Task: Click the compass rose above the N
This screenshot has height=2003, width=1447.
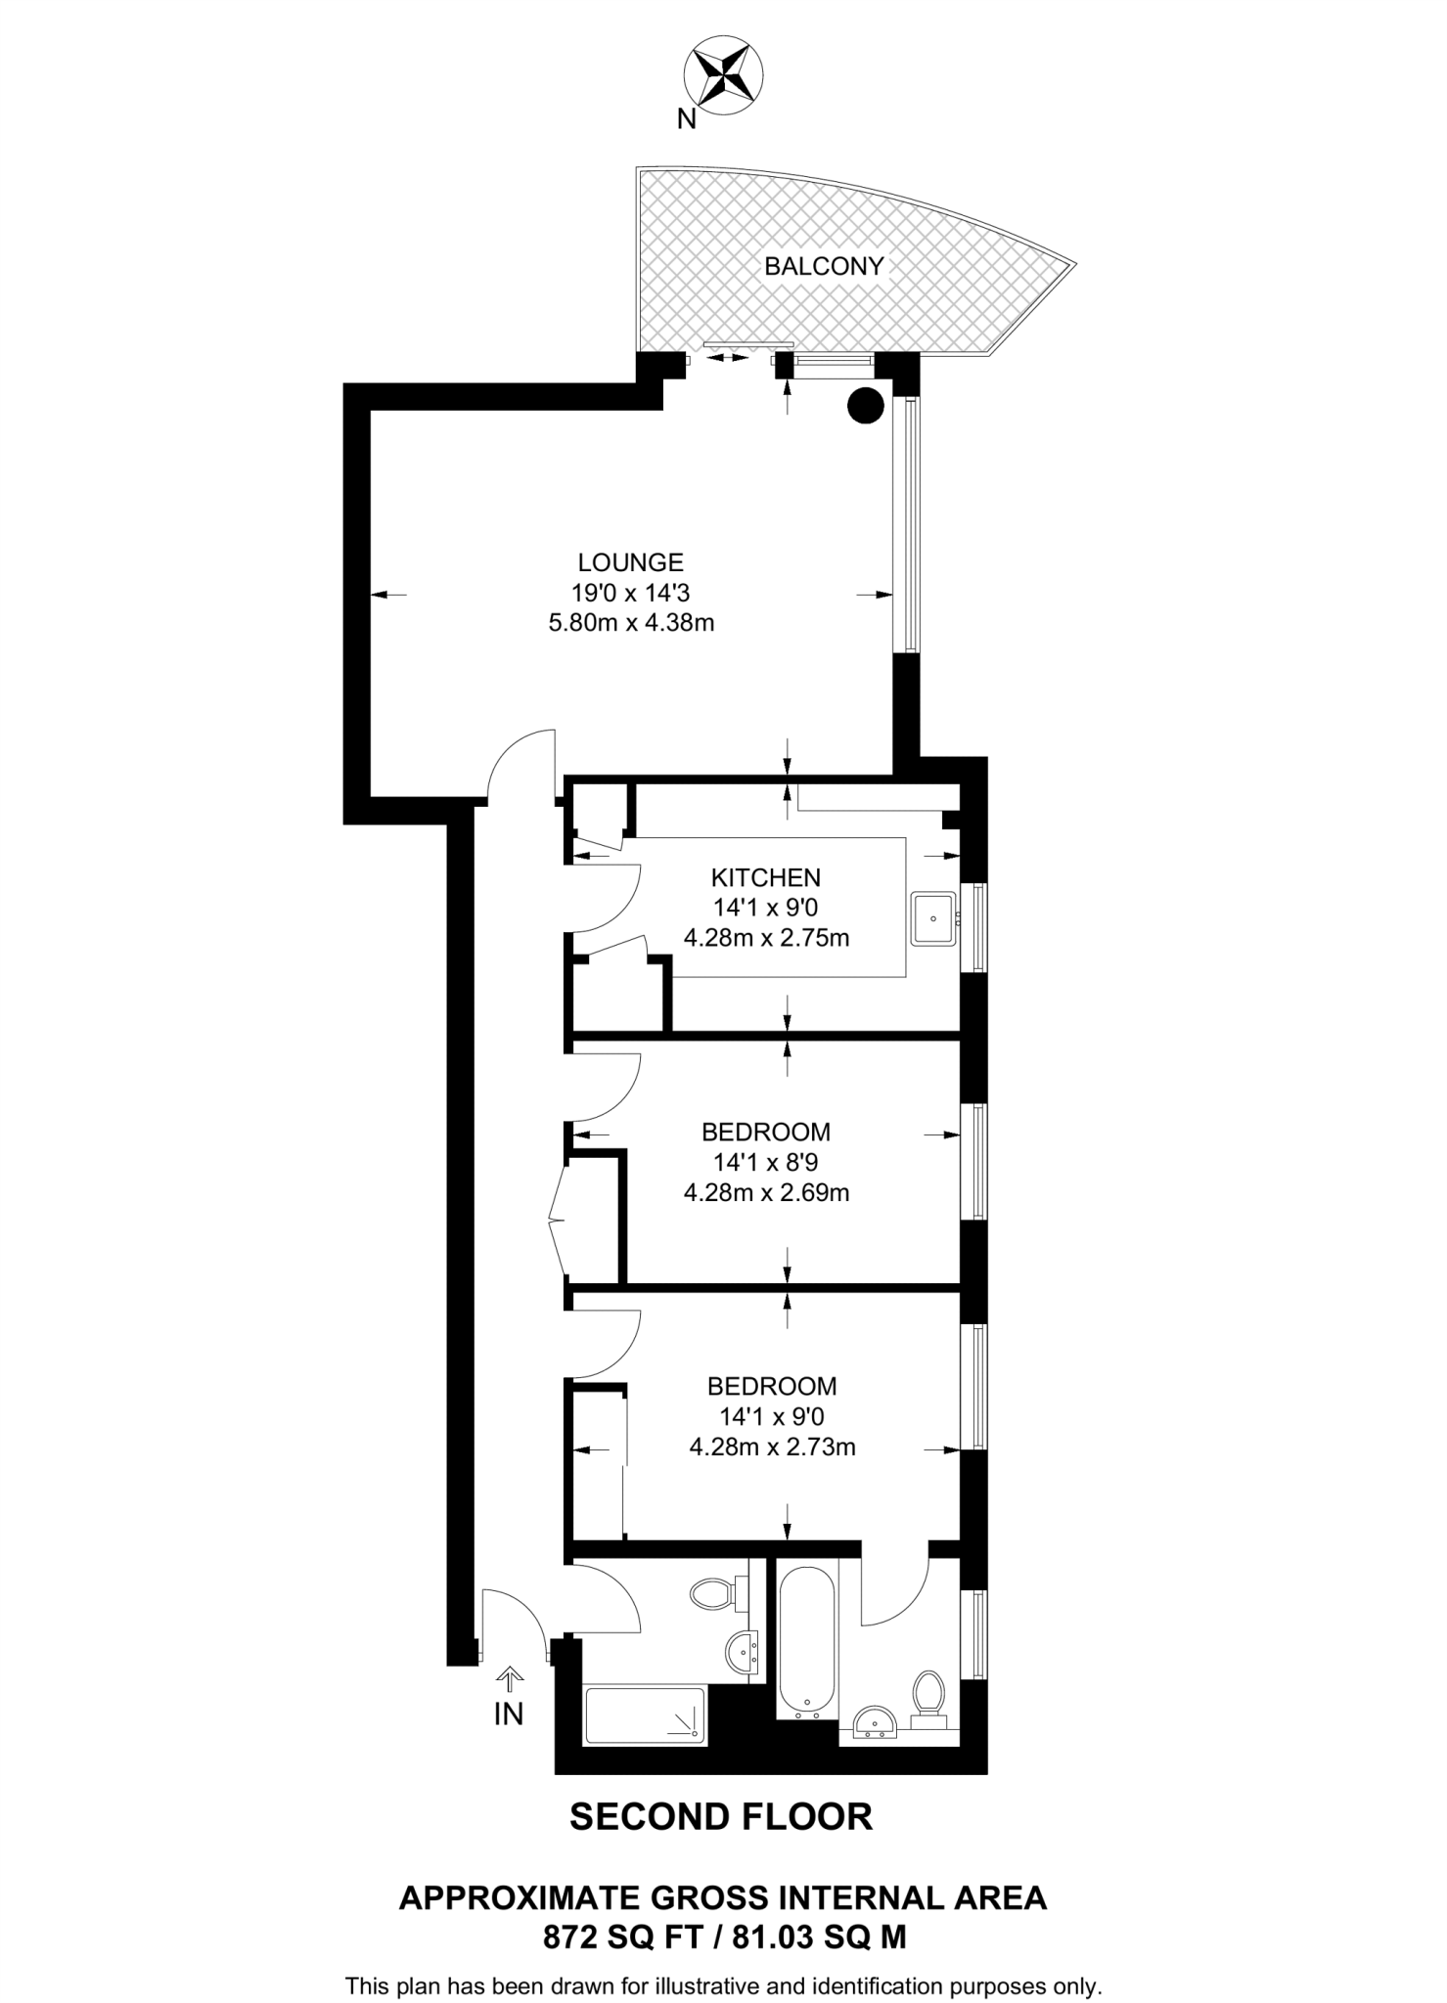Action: (x=723, y=73)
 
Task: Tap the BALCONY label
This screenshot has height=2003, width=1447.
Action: (x=824, y=266)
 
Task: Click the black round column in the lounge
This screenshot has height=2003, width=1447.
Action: (x=865, y=405)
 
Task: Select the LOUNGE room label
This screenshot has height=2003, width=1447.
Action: (x=630, y=562)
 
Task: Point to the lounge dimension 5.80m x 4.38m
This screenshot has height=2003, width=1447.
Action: (x=631, y=622)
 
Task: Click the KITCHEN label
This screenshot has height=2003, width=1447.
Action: (x=765, y=877)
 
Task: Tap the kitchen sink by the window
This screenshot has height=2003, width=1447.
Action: (x=934, y=918)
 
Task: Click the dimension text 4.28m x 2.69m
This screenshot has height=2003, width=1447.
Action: (x=765, y=1192)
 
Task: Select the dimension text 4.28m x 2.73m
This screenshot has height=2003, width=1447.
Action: (x=772, y=1447)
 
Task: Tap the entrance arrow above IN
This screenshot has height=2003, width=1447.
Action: (x=509, y=1678)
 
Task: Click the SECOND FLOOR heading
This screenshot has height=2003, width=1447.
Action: (x=721, y=1816)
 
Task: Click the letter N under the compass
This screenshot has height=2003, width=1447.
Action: (x=687, y=119)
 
